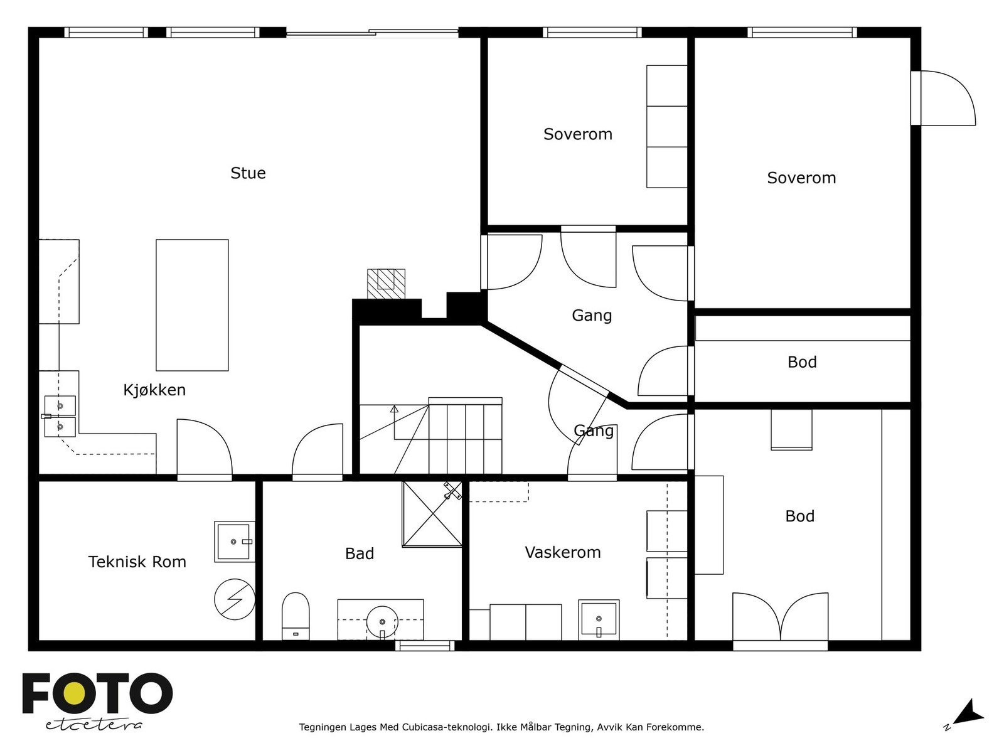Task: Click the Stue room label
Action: [248, 173]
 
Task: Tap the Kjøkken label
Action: [154, 390]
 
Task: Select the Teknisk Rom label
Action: [137, 562]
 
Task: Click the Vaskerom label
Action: [563, 552]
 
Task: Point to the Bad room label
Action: [360, 553]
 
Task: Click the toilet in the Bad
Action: [296, 616]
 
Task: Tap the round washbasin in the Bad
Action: [382, 621]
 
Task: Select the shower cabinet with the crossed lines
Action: [432, 514]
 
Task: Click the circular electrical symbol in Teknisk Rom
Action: [235, 599]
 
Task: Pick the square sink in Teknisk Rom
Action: [235, 542]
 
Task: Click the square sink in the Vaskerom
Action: [599, 620]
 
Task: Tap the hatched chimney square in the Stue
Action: [386, 284]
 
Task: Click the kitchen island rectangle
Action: [192, 305]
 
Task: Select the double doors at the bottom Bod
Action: [781, 621]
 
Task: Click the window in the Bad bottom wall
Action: [425, 646]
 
